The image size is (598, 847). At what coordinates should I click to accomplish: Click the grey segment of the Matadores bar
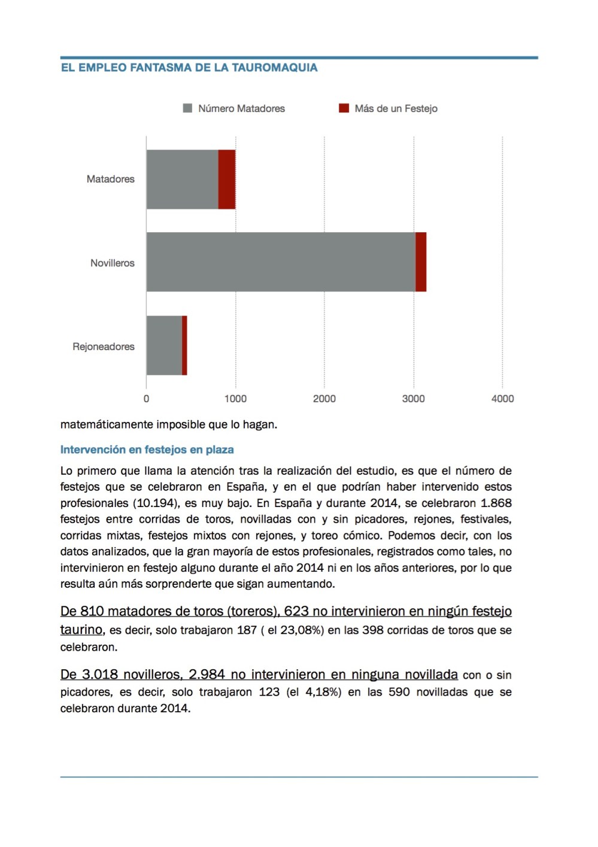[182, 179]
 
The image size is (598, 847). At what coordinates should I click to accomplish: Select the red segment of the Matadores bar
[227, 179]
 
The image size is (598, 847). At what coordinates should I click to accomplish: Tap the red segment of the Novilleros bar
[421, 262]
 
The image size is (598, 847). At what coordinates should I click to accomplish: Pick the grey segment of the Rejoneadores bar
[164, 345]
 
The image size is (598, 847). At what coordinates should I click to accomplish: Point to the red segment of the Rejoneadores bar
[184, 345]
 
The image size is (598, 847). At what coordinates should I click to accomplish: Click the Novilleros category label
[112, 263]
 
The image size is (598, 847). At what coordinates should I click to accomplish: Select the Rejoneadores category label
[104, 347]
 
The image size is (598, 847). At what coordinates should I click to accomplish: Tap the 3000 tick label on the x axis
[413, 399]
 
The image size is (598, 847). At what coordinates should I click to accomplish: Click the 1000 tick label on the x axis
[235, 399]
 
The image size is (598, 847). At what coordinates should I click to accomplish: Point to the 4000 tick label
[502, 399]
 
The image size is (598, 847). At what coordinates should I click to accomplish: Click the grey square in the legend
[187, 108]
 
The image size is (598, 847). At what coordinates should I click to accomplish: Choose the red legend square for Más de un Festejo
[344, 108]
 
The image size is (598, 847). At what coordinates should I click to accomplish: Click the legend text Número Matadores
[241, 108]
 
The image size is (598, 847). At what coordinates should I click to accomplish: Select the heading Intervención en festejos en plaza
[147, 450]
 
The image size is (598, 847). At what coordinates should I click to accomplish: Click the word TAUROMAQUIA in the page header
[274, 68]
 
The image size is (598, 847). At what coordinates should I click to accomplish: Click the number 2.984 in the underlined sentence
[207, 675]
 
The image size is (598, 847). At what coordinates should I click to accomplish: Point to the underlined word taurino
[81, 630]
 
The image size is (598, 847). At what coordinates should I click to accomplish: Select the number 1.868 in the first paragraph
[496, 503]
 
